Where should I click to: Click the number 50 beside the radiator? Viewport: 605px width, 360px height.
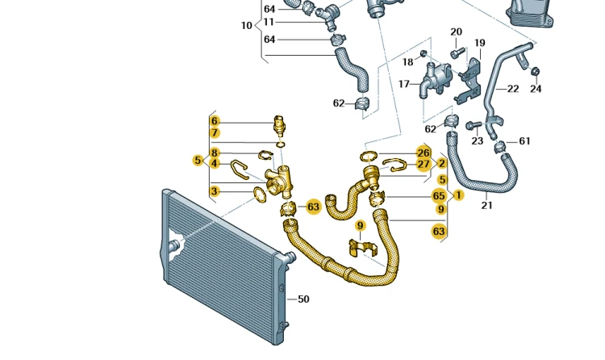point(303,299)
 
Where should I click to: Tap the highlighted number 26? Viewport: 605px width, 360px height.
point(423,153)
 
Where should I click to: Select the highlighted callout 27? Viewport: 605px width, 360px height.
point(423,165)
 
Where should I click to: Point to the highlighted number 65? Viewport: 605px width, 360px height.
point(439,196)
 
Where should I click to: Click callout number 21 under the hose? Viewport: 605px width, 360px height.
point(487,205)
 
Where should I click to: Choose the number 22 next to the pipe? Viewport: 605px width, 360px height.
point(513,89)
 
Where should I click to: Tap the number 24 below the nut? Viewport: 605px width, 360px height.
point(536,89)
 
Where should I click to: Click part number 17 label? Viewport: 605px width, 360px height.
point(403,84)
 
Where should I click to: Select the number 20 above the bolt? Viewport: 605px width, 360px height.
point(456,31)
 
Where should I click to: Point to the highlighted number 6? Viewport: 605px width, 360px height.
point(215,121)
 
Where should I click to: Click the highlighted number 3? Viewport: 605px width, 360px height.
point(215,190)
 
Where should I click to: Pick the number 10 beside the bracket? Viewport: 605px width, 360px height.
point(247,26)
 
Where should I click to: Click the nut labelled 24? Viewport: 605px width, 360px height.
point(535,72)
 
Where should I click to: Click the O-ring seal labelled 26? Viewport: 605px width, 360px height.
point(369,157)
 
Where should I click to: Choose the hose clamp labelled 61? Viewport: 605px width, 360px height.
point(500,147)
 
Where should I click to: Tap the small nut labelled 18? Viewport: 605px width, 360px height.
point(423,53)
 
